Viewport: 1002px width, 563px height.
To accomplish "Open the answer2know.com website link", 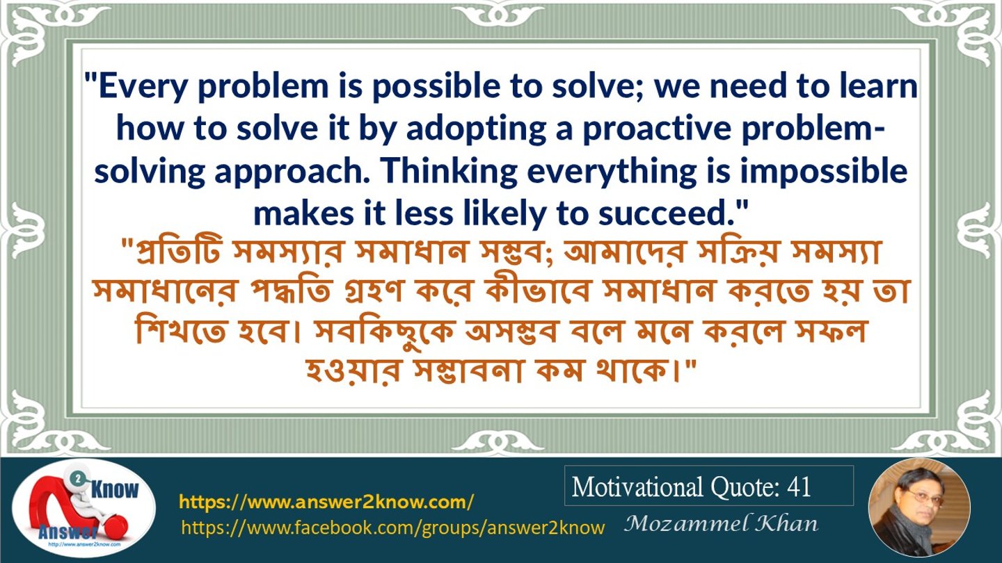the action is (x=326, y=502).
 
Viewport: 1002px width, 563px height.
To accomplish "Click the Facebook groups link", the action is (x=392, y=528).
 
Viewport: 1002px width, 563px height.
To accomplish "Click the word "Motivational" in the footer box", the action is (x=637, y=487).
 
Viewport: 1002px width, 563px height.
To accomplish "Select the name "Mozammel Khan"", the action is (x=721, y=523).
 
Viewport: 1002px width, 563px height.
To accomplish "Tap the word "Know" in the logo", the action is (x=115, y=489).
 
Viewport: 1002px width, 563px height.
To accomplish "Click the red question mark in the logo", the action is (x=76, y=509).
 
